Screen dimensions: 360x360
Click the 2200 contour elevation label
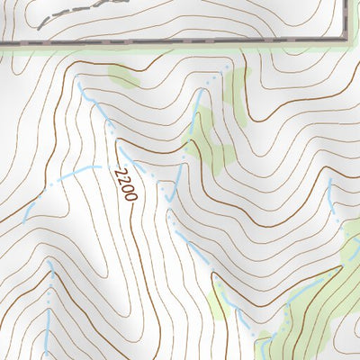coord(126,185)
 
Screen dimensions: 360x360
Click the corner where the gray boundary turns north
coord(347,39)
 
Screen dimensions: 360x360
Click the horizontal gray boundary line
coord(180,41)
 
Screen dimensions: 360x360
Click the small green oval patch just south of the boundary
coord(124,77)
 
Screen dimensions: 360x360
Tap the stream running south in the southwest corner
coord(50,297)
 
